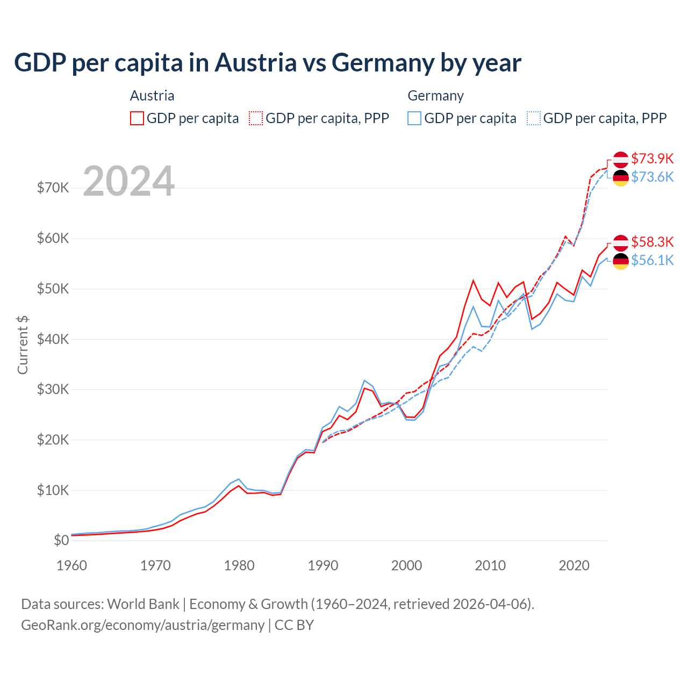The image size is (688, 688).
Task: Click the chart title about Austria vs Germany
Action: [x=267, y=63]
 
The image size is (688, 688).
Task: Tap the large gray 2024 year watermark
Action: [x=128, y=181]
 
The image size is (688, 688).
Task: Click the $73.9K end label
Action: [x=652, y=159]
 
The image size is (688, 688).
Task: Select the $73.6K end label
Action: [x=652, y=177]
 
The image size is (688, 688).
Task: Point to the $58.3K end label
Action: [x=652, y=242]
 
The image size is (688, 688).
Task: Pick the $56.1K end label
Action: [x=652, y=260]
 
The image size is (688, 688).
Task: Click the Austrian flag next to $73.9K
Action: [x=621, y=160]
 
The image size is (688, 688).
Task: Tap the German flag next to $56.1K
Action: [x=621, y=261]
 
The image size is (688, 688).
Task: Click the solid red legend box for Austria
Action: [x=137, y=118]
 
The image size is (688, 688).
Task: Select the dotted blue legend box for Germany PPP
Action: [x=534, y=118]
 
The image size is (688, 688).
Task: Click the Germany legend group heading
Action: [x=435, y=96]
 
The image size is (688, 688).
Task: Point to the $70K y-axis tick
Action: [x=53, y=188]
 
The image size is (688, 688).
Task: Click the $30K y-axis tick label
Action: [x=53, y=389]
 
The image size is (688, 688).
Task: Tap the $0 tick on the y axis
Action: [x=61, y=540]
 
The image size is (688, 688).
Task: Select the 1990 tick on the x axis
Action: [x=323, y=565]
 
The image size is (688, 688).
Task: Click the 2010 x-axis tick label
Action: [x=490, y=565]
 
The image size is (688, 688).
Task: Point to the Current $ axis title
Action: [x=23, y=345]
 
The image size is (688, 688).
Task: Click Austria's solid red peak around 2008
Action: [x=473, y=281]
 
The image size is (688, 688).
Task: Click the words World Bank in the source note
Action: [x=143, y=604]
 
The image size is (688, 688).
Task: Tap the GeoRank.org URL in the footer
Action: [x=142, y=625]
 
